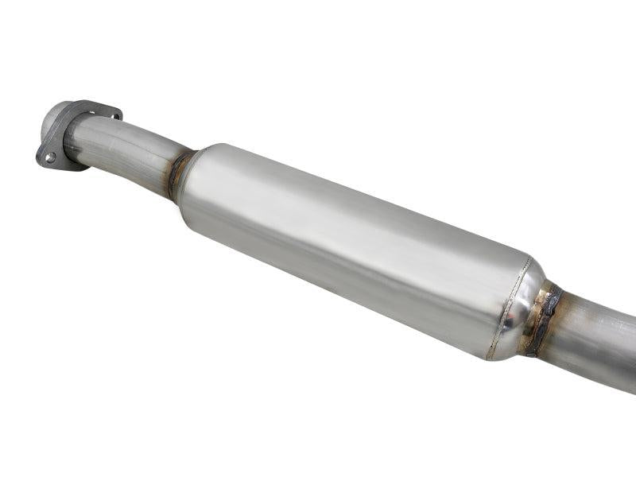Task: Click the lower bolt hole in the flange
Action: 50,157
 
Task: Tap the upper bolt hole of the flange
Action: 116,116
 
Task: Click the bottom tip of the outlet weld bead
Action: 531,352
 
